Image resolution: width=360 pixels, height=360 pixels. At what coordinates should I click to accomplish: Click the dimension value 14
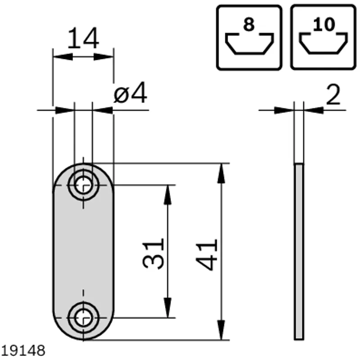(x=84, y=38)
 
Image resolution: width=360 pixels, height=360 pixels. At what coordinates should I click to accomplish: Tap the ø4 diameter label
(x=130, y=93)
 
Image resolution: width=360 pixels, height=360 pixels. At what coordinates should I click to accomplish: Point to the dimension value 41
(x=207, y=255)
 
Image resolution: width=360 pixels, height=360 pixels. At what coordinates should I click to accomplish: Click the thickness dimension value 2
(x=333, y=94)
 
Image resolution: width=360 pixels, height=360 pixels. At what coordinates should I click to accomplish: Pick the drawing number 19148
(x=23, y=351)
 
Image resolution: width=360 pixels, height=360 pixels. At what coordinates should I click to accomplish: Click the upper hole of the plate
(x=83, y=185)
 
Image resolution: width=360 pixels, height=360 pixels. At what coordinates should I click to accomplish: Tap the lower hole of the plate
(x=83, y=318)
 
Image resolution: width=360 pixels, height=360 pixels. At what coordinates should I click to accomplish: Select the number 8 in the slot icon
(x=249, y=24)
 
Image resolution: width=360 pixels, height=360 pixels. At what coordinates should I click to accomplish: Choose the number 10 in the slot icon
(x=324, y=24)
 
